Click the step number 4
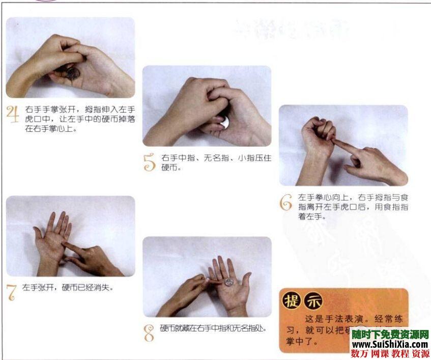[x=12, y=115]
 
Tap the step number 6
[x=286, y=202]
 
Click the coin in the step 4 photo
[x=73, y=73]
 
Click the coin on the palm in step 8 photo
[x=229, y=281]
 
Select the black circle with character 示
[x=313, y=301]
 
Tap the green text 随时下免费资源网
[x=390, y=335]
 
